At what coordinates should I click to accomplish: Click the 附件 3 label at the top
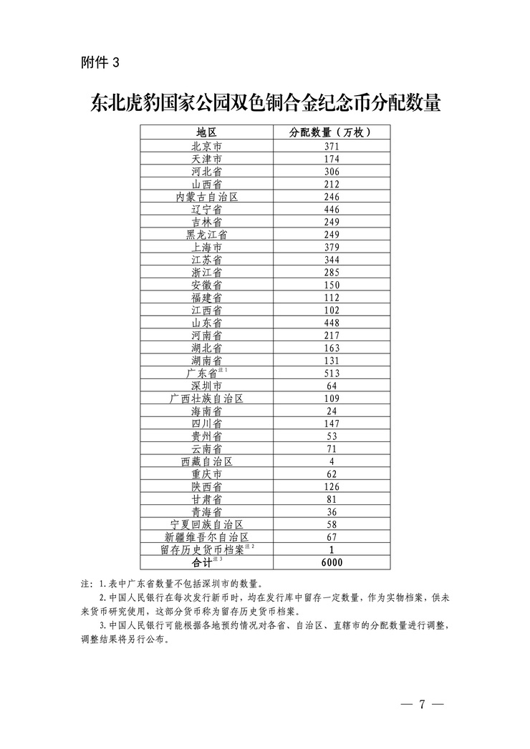coord(100,62)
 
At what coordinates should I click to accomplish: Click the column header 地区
coord(206,132)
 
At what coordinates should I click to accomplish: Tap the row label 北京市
coord(206,146)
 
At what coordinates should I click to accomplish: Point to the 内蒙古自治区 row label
coord(206,196)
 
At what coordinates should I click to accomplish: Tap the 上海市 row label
coord(206,247)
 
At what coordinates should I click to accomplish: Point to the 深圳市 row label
coord(206,386)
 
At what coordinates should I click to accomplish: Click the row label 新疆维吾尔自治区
coord(206,537)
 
